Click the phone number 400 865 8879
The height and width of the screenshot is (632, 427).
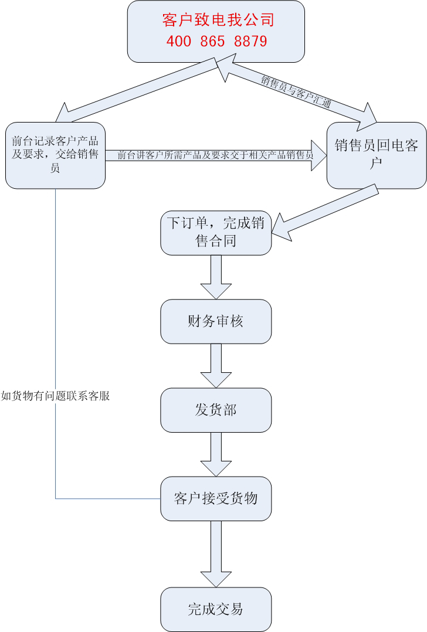(216, 42)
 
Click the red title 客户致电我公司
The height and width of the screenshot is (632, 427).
(218, 21)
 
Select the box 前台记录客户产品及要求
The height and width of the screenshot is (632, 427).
(55, 155)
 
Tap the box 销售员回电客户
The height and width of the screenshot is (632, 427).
(377, 155)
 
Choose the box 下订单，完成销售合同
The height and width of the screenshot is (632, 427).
(216, 232)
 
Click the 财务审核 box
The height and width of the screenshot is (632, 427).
(216, 321)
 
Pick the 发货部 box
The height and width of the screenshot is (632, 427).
(216, 410)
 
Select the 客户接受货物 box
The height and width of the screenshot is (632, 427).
(216, 499)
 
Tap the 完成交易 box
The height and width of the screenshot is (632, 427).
(216, 609)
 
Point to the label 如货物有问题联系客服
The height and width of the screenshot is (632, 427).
(56, 396)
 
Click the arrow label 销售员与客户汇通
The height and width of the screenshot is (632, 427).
(296, 90)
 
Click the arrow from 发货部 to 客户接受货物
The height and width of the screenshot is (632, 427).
(216, 454)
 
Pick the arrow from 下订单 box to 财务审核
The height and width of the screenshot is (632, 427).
(216, 277)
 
